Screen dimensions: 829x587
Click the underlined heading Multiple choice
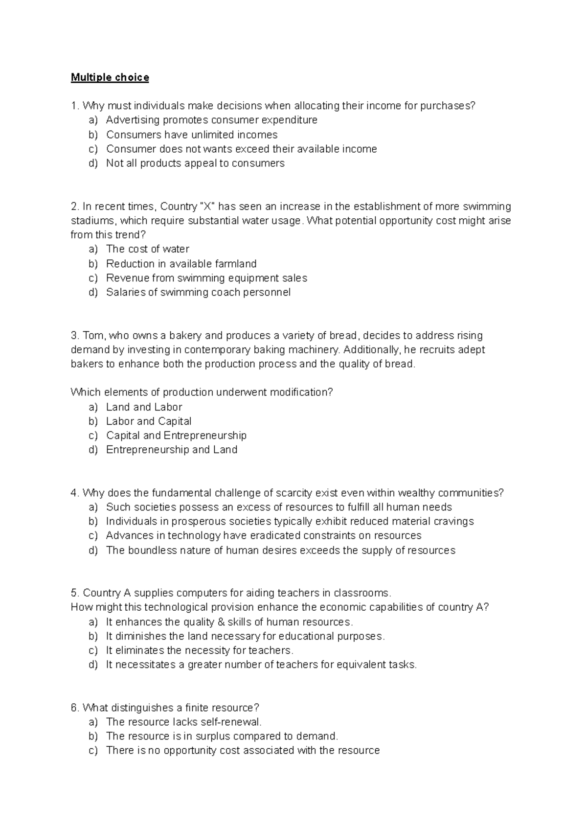click(x=110, y=77)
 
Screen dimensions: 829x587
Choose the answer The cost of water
click(x=147, y=249)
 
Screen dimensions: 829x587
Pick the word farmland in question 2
click(x=237, y=264)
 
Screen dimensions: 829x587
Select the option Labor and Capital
click(x=148, y=421)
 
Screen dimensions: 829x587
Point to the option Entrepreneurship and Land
click(x=171, y=450)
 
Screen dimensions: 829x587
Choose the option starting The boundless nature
click(x=280, y=551)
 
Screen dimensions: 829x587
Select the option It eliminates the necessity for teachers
click(x=199, y=650)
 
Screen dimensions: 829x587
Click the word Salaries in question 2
click(x=124, y=292)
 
